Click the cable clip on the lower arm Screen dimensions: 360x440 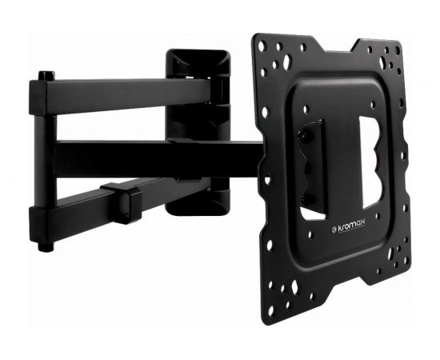(125, 202)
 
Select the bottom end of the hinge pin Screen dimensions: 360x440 (46, 246)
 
